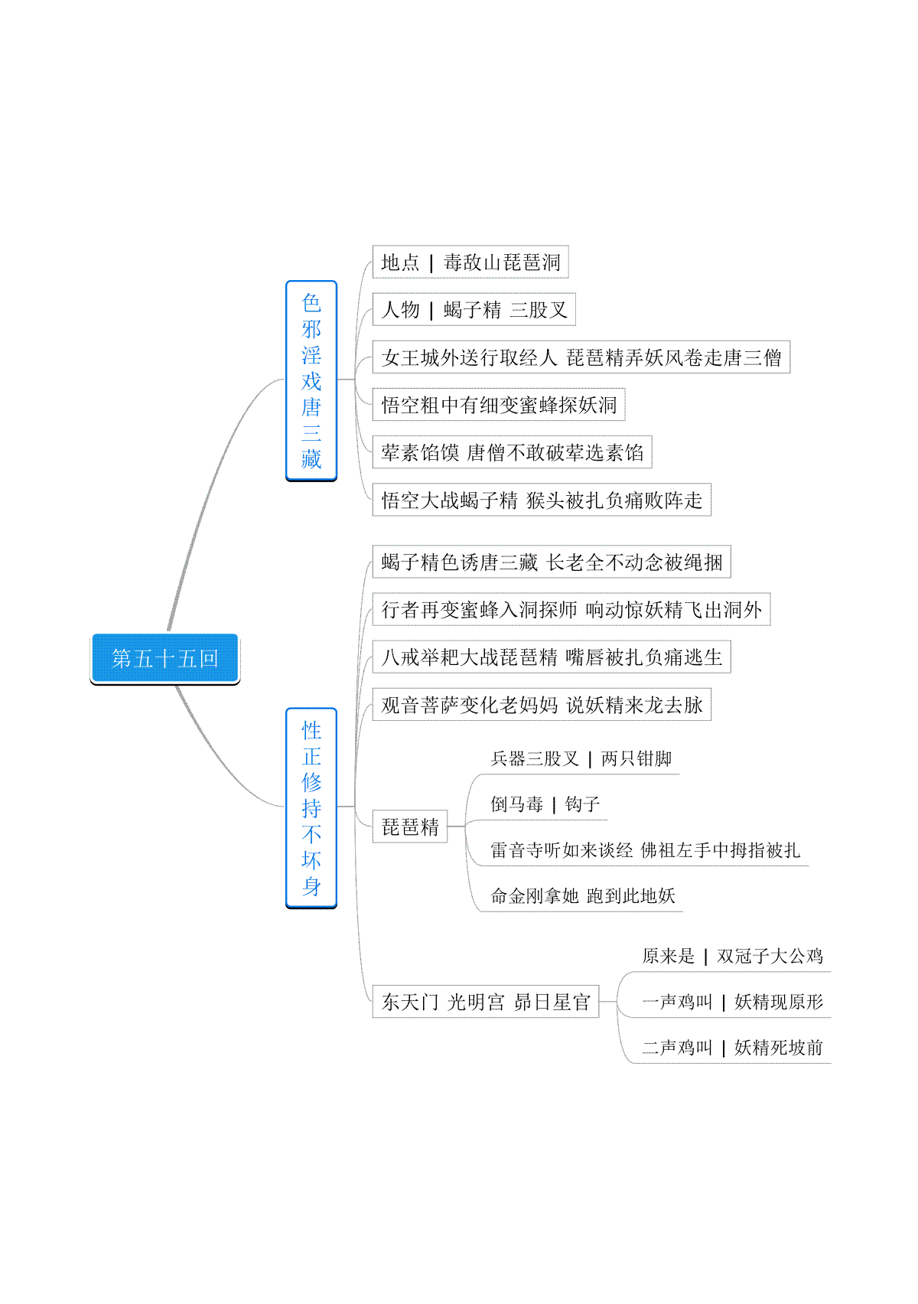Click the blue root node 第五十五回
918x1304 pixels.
click(164, 658)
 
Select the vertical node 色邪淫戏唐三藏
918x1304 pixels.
click(311, 381)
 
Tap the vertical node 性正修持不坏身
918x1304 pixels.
click(311, 807)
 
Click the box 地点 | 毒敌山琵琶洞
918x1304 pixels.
click(470, 262)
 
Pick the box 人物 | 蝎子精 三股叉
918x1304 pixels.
click(474, 309)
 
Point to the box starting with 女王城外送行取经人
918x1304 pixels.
click(581, 357)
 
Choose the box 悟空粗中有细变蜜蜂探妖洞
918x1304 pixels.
click(499, 405)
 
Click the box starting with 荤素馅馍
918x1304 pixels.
click(513, 452)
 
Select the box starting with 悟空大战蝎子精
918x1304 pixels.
click(542, 500)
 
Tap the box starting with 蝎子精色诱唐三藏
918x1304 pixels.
click(552, 562)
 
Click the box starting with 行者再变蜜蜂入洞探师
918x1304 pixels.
click(571, 609)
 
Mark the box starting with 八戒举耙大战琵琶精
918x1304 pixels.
click(552, 657)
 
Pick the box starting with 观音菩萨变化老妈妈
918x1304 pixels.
click(542, 704)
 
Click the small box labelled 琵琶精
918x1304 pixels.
click(410, 826)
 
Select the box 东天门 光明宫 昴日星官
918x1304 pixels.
click(486, 1001)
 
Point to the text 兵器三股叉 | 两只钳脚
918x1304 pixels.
click(581, 758)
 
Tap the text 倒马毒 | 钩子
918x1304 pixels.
click(545, 804)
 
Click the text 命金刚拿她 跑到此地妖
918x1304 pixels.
click(583, 895)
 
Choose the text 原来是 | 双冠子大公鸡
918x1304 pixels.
click(732, 955)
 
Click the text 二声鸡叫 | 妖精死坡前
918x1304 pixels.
click(732, 1048)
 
